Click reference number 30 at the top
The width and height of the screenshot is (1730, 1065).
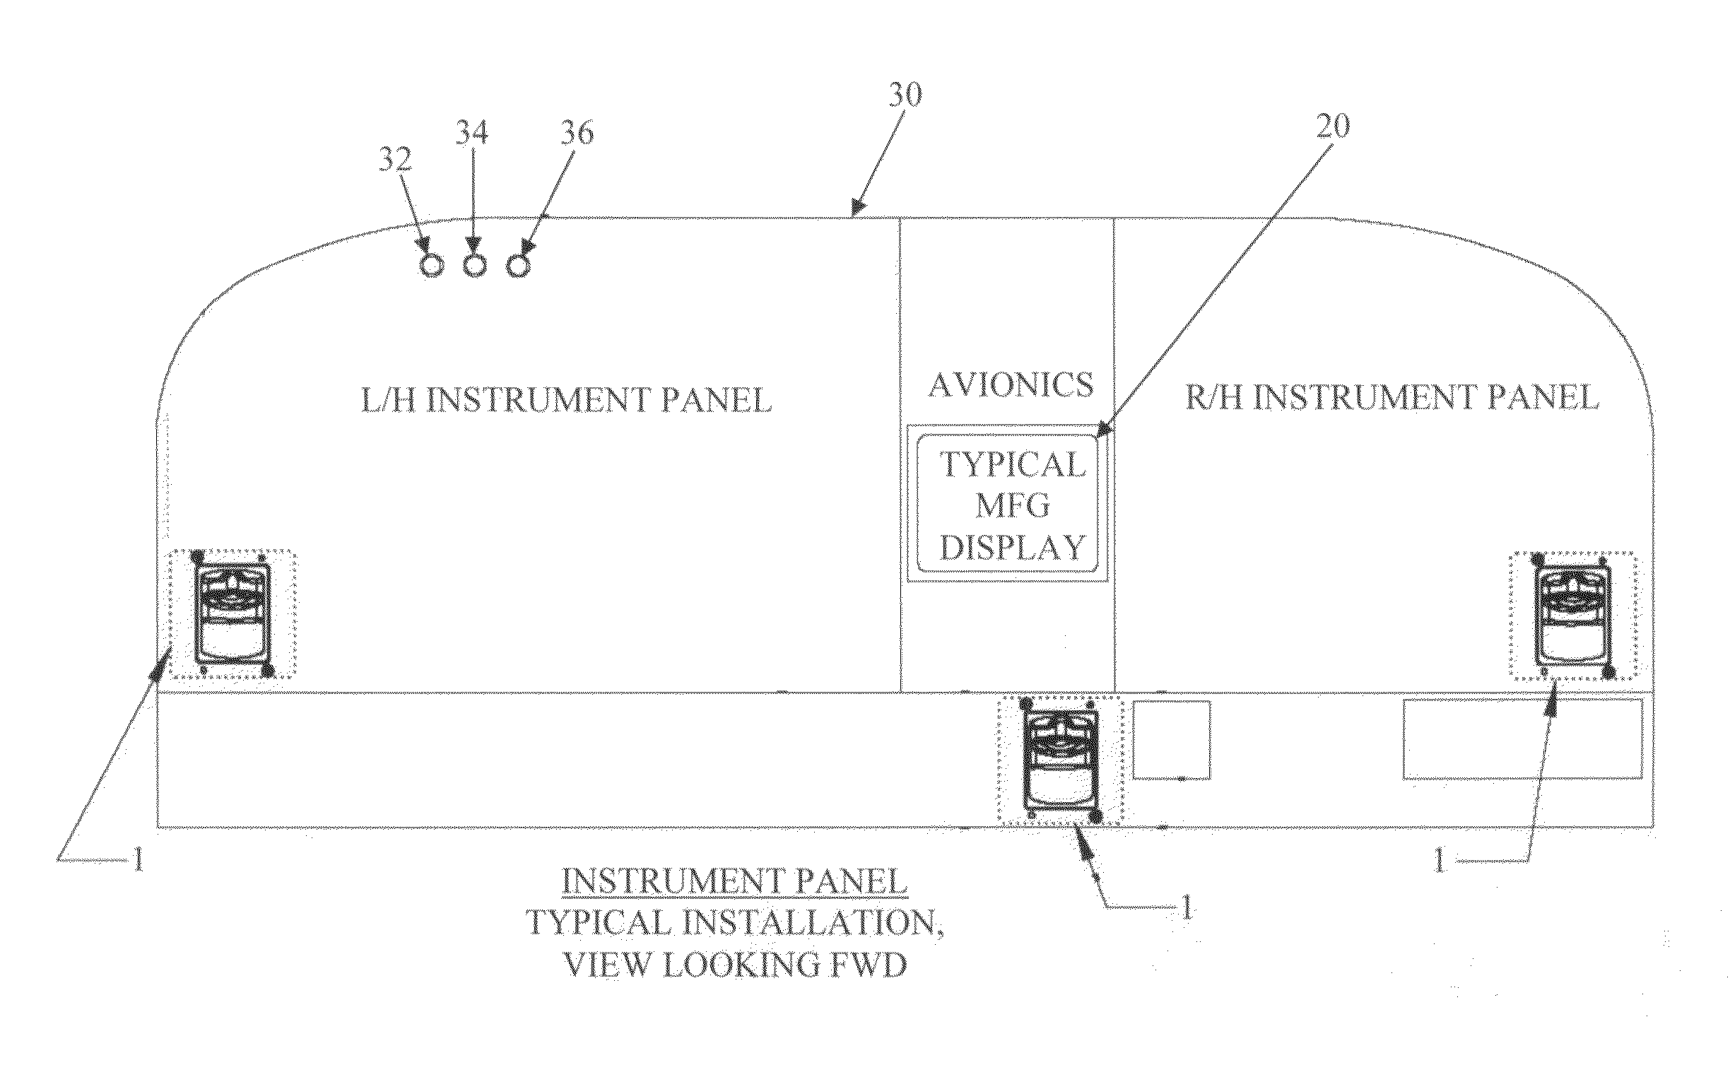905,95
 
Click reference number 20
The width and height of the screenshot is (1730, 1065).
1332,126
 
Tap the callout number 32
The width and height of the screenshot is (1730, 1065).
395,161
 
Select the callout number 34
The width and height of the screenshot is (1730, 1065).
471,132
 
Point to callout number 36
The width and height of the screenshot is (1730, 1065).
577,134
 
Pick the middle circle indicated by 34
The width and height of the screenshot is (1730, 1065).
476,266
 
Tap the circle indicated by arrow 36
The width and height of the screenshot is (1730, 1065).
519,266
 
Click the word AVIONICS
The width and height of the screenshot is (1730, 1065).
1011,385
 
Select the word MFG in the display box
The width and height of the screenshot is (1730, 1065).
1012,505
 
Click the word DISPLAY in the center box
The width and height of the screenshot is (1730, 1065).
1012,548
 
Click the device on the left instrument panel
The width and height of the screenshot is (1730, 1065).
233,612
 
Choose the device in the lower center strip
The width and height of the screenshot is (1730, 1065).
1059,760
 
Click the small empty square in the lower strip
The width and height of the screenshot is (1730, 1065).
1172,740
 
